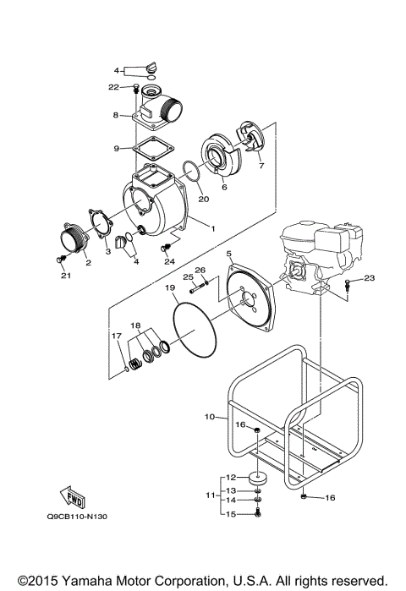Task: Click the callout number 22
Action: coord(113,86)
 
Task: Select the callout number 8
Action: coord(115,115)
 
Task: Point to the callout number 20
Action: coord(202,200)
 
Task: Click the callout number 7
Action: coord(261,166)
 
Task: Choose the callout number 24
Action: coord(169,261)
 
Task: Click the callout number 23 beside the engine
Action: coord(369,277)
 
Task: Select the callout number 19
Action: coord(169,288)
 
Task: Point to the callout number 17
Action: coord(117,336)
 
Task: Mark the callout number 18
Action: coord(135,325)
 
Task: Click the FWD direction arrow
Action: coord(72,496)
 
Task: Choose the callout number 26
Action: coord(200,271)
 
